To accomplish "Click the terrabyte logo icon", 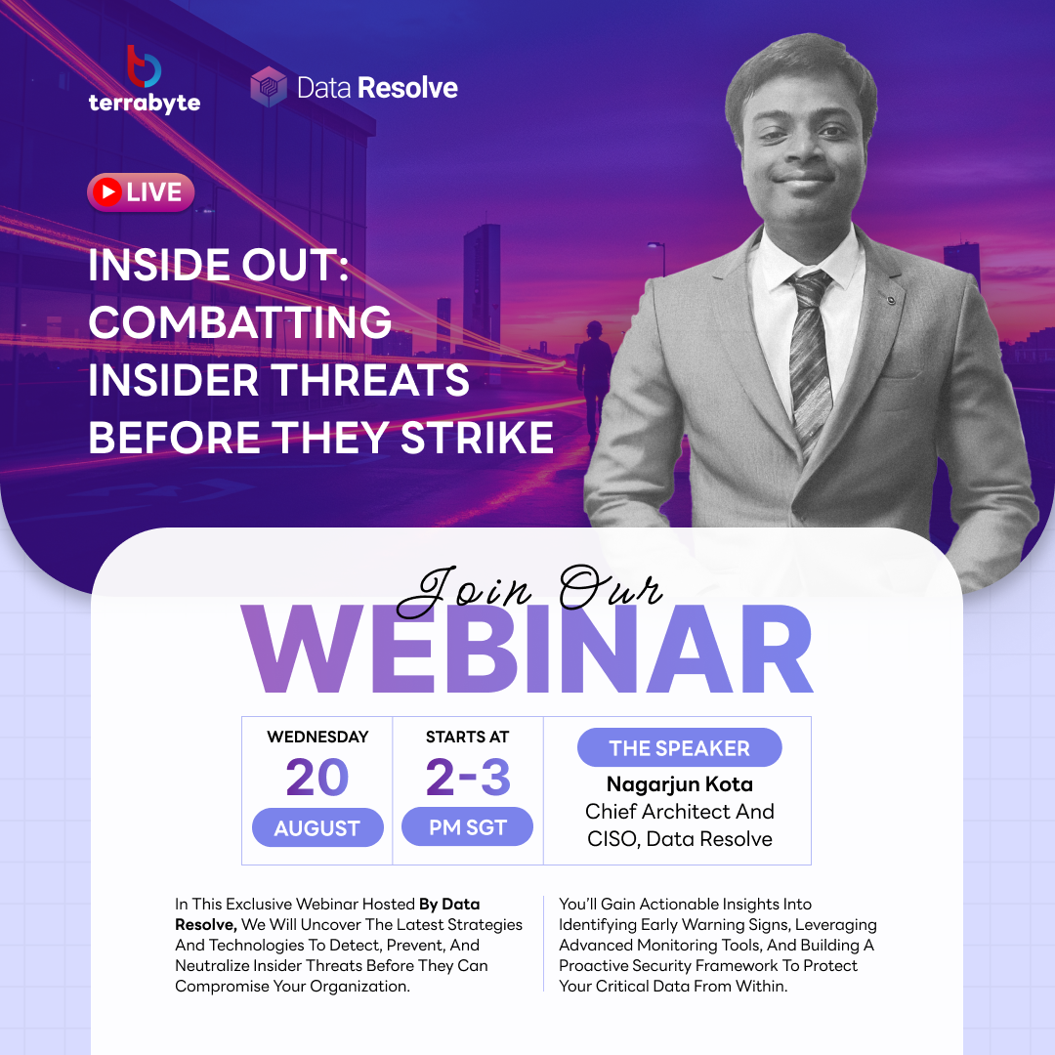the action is (144, 66).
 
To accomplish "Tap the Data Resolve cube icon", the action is (269, 87).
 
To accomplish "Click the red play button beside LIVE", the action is (107, 191).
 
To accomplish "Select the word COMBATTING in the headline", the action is (239, 322).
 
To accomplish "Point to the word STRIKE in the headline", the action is (477, 438).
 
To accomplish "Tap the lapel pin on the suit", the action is (891, 300).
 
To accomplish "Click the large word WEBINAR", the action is (527, 649).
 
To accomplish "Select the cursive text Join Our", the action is (529, 590).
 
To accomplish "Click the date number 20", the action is (316, 778).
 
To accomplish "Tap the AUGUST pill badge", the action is (317, 827).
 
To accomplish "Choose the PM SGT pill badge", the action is (468, 827).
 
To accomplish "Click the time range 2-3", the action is (468, 778).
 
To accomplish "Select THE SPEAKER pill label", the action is (680, 747).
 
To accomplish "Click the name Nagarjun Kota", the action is (680, 783).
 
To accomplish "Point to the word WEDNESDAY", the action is (317, 737).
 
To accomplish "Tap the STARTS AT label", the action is (468, 737).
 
